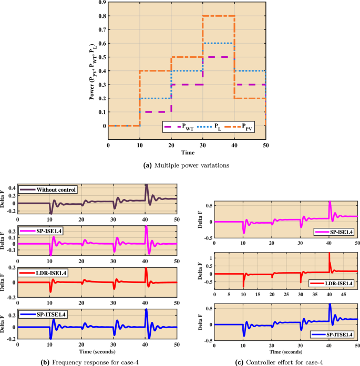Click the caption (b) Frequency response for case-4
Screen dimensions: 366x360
pos(93,361)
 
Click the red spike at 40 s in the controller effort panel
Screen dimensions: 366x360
pos(329,255)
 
